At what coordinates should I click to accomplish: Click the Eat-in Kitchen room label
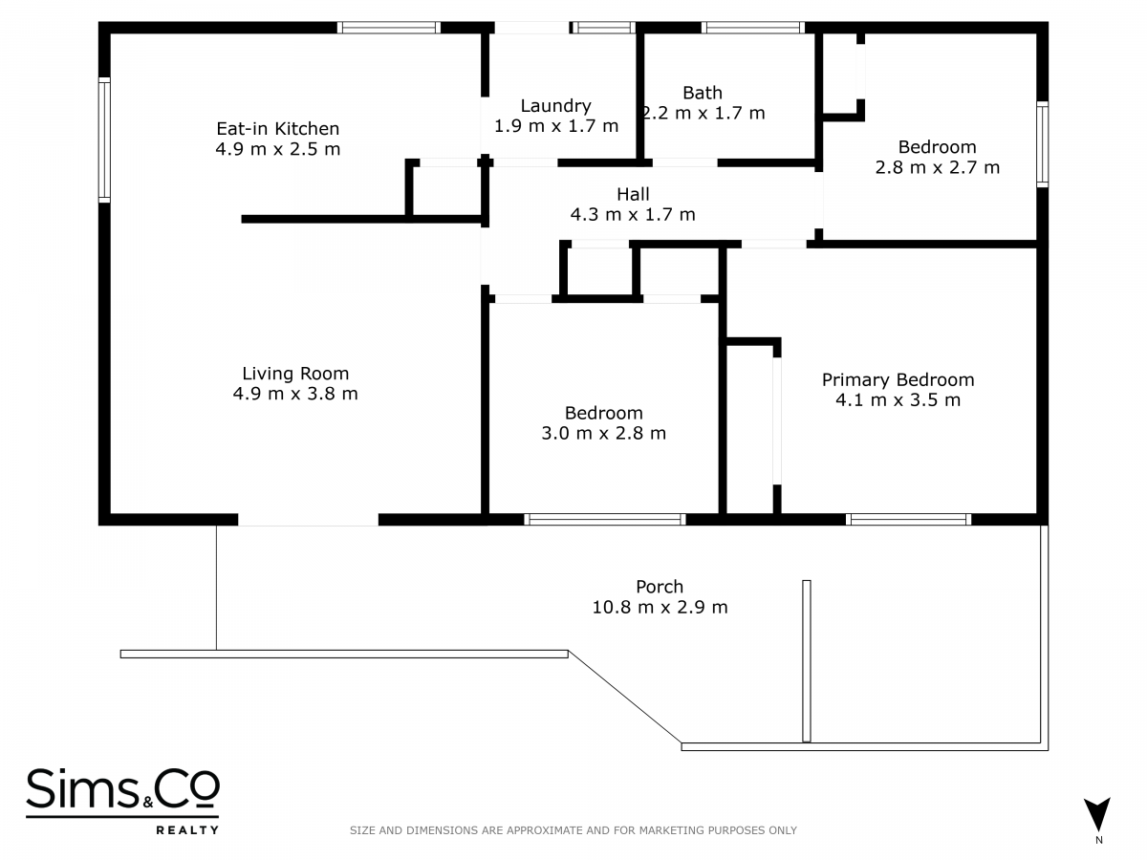(278, 128)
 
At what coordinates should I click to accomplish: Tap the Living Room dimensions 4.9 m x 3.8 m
(295, 393)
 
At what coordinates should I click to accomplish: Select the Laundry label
(556, 106)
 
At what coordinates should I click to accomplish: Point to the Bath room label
(703, 93)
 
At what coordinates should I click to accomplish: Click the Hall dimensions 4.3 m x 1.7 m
(633, 215)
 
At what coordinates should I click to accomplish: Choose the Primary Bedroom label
(898, 379)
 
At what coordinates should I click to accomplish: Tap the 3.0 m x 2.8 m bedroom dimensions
(603, 434)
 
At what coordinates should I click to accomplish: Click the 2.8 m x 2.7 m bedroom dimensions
(938, 167)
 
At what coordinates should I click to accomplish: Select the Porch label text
(660, 587)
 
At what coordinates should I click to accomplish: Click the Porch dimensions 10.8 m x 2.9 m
(660, 608)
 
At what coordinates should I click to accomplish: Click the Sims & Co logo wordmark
(122, 788)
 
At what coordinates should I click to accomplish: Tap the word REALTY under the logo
(187, 830)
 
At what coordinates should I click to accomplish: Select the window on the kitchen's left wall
(104, 140)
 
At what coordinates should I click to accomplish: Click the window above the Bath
(752, 28)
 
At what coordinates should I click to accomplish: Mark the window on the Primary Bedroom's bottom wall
(908, 519)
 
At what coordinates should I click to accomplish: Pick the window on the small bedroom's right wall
(1042, 144)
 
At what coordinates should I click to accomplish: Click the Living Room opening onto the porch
(309, 520)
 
